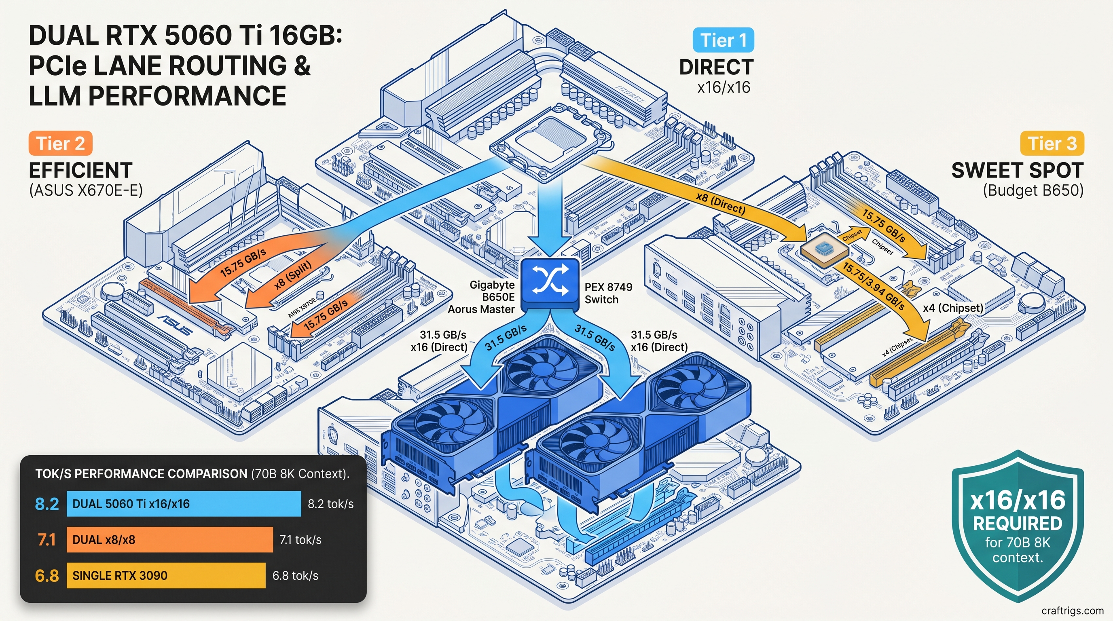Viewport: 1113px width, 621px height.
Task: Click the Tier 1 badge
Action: [x=723, y=40]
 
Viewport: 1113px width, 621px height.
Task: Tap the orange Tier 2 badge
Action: [x=61, y=144]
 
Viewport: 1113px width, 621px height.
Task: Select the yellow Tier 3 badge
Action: [x=1052, y=144]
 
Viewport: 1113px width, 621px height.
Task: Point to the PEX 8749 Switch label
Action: [x=608, y=293]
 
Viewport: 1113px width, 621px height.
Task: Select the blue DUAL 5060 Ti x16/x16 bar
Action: [x=184, y=503]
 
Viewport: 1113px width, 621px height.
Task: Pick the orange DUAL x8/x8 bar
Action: [x=169, y=539]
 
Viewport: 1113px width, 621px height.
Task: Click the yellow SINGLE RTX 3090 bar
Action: [x=166, y=575]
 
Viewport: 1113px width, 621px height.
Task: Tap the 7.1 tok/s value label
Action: [x=300, y=540]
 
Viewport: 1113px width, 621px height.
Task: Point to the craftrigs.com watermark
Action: [x=1073, y=610]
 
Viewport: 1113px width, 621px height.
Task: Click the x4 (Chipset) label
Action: [x=953, y=308]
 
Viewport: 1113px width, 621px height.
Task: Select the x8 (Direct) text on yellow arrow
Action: [x=720, y=203]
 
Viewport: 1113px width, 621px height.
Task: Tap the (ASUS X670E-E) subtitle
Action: [x=86, y=190]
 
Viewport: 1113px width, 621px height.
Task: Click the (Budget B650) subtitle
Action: [x=1033, y=190]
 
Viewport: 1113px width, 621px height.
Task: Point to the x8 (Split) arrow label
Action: [x=293, y=275]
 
